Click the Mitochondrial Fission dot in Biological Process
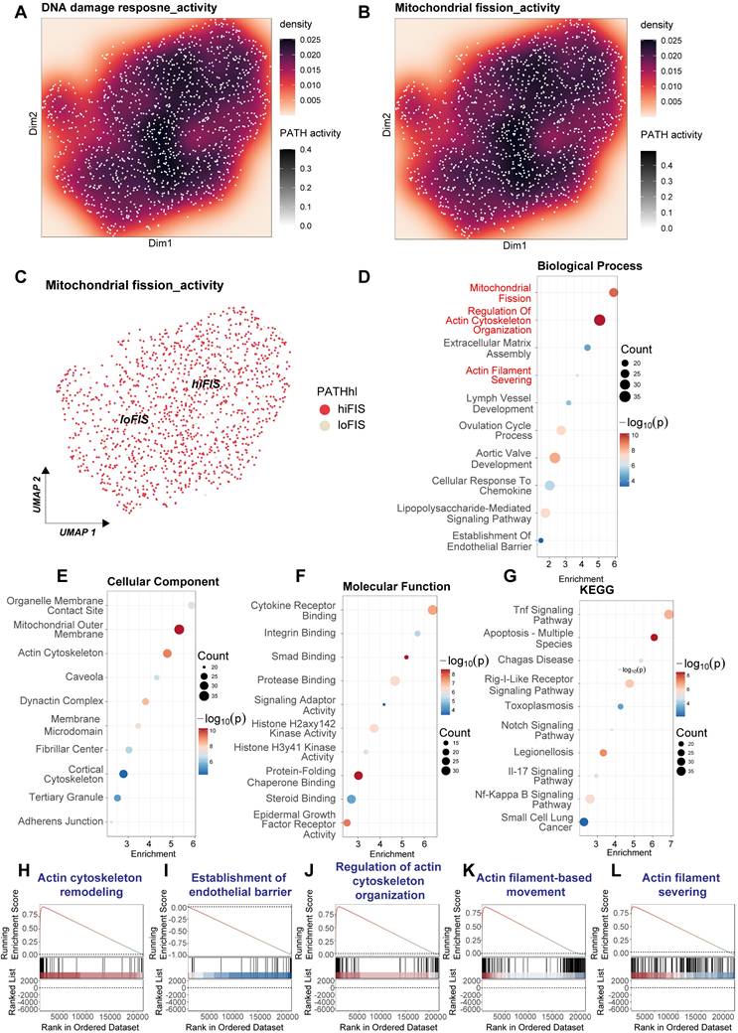coord(614,292)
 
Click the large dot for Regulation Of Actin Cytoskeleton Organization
coord(599,319)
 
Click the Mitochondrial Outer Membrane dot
coord(179,629)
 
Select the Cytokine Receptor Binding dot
coord(432,610)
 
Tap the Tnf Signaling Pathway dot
coord(668,615)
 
